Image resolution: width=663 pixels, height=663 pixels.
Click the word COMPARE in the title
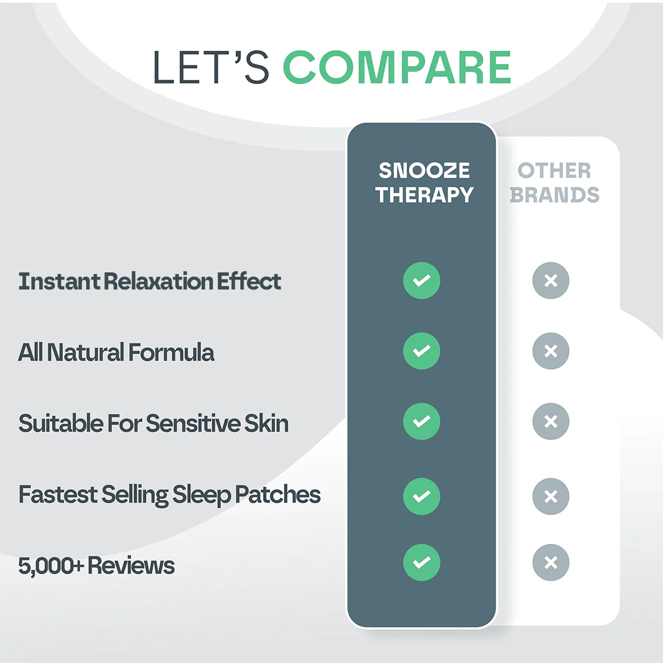coord(397,68)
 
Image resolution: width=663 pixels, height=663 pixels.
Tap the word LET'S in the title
coord(211,68)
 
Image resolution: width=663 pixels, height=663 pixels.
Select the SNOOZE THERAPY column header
coord(424,182)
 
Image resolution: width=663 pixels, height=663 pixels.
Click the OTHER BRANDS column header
coord(554,182)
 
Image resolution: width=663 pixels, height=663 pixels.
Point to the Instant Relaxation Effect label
coord(150,281)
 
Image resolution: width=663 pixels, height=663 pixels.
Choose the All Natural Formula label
coord(116,352)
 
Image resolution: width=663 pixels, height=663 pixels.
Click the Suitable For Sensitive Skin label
coord(154,424)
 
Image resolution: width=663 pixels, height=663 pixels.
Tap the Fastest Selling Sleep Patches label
coord(170,494)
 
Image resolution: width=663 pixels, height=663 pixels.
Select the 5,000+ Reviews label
coord(96,566)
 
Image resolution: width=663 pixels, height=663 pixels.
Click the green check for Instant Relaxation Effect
coord(422,281)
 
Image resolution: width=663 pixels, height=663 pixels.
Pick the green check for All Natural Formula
coord(422,351)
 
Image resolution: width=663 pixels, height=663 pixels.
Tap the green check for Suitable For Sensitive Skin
coord(422,422)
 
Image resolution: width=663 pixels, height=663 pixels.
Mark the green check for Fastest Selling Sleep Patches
coord(422,496)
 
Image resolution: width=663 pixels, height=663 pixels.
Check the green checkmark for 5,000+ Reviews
coord(422,562)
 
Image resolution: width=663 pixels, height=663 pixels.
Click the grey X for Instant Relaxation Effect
coord(551,281)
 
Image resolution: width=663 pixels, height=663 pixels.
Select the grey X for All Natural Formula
coord(551,351)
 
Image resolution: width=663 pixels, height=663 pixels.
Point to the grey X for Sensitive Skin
coord(551,422)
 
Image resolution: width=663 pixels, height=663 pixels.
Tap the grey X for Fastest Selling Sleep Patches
coord(551,496)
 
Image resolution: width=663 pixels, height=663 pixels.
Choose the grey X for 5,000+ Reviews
coord(551,562)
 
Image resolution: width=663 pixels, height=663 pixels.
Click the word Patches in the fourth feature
coord(278,494)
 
